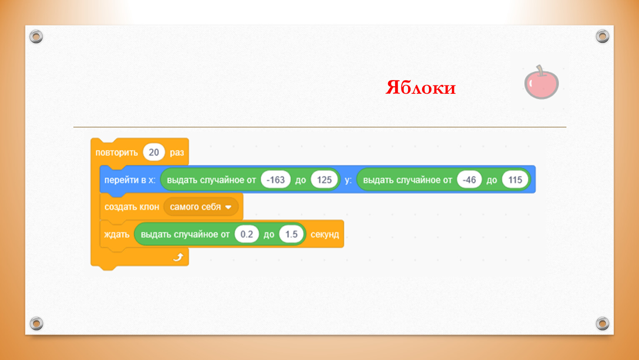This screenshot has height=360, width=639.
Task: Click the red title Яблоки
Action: [x=421, y=87]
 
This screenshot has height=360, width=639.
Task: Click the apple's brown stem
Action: [x=540, y=71]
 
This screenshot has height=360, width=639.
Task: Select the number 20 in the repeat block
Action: [x=154, y=152]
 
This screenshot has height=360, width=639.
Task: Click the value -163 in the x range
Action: [x=276, y=180]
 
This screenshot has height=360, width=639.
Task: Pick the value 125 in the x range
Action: [x=324, y=180]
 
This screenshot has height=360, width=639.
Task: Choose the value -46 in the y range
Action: [x=469, y=180]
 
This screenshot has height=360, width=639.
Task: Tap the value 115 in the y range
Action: [x=515, y=180]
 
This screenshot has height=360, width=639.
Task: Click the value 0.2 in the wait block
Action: [x=247, y=234]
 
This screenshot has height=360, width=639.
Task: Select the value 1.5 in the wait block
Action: [x=291, y=234]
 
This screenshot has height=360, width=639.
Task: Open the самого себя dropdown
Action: [x=201, y=207]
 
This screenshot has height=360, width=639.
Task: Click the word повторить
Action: [x=117, y=152]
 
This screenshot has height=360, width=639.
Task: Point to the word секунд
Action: [x=325, y=235]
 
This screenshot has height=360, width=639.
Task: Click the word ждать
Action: [x=117, y=235]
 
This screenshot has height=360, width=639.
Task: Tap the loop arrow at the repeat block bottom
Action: [x=178, y=257]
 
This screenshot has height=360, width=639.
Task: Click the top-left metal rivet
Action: [x=36, y=37]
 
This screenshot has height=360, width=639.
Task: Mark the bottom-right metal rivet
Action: [x=602, y=323]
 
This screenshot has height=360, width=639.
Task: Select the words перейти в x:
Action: [x=130, y=180]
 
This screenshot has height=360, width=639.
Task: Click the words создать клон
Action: [x=132, y=207]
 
